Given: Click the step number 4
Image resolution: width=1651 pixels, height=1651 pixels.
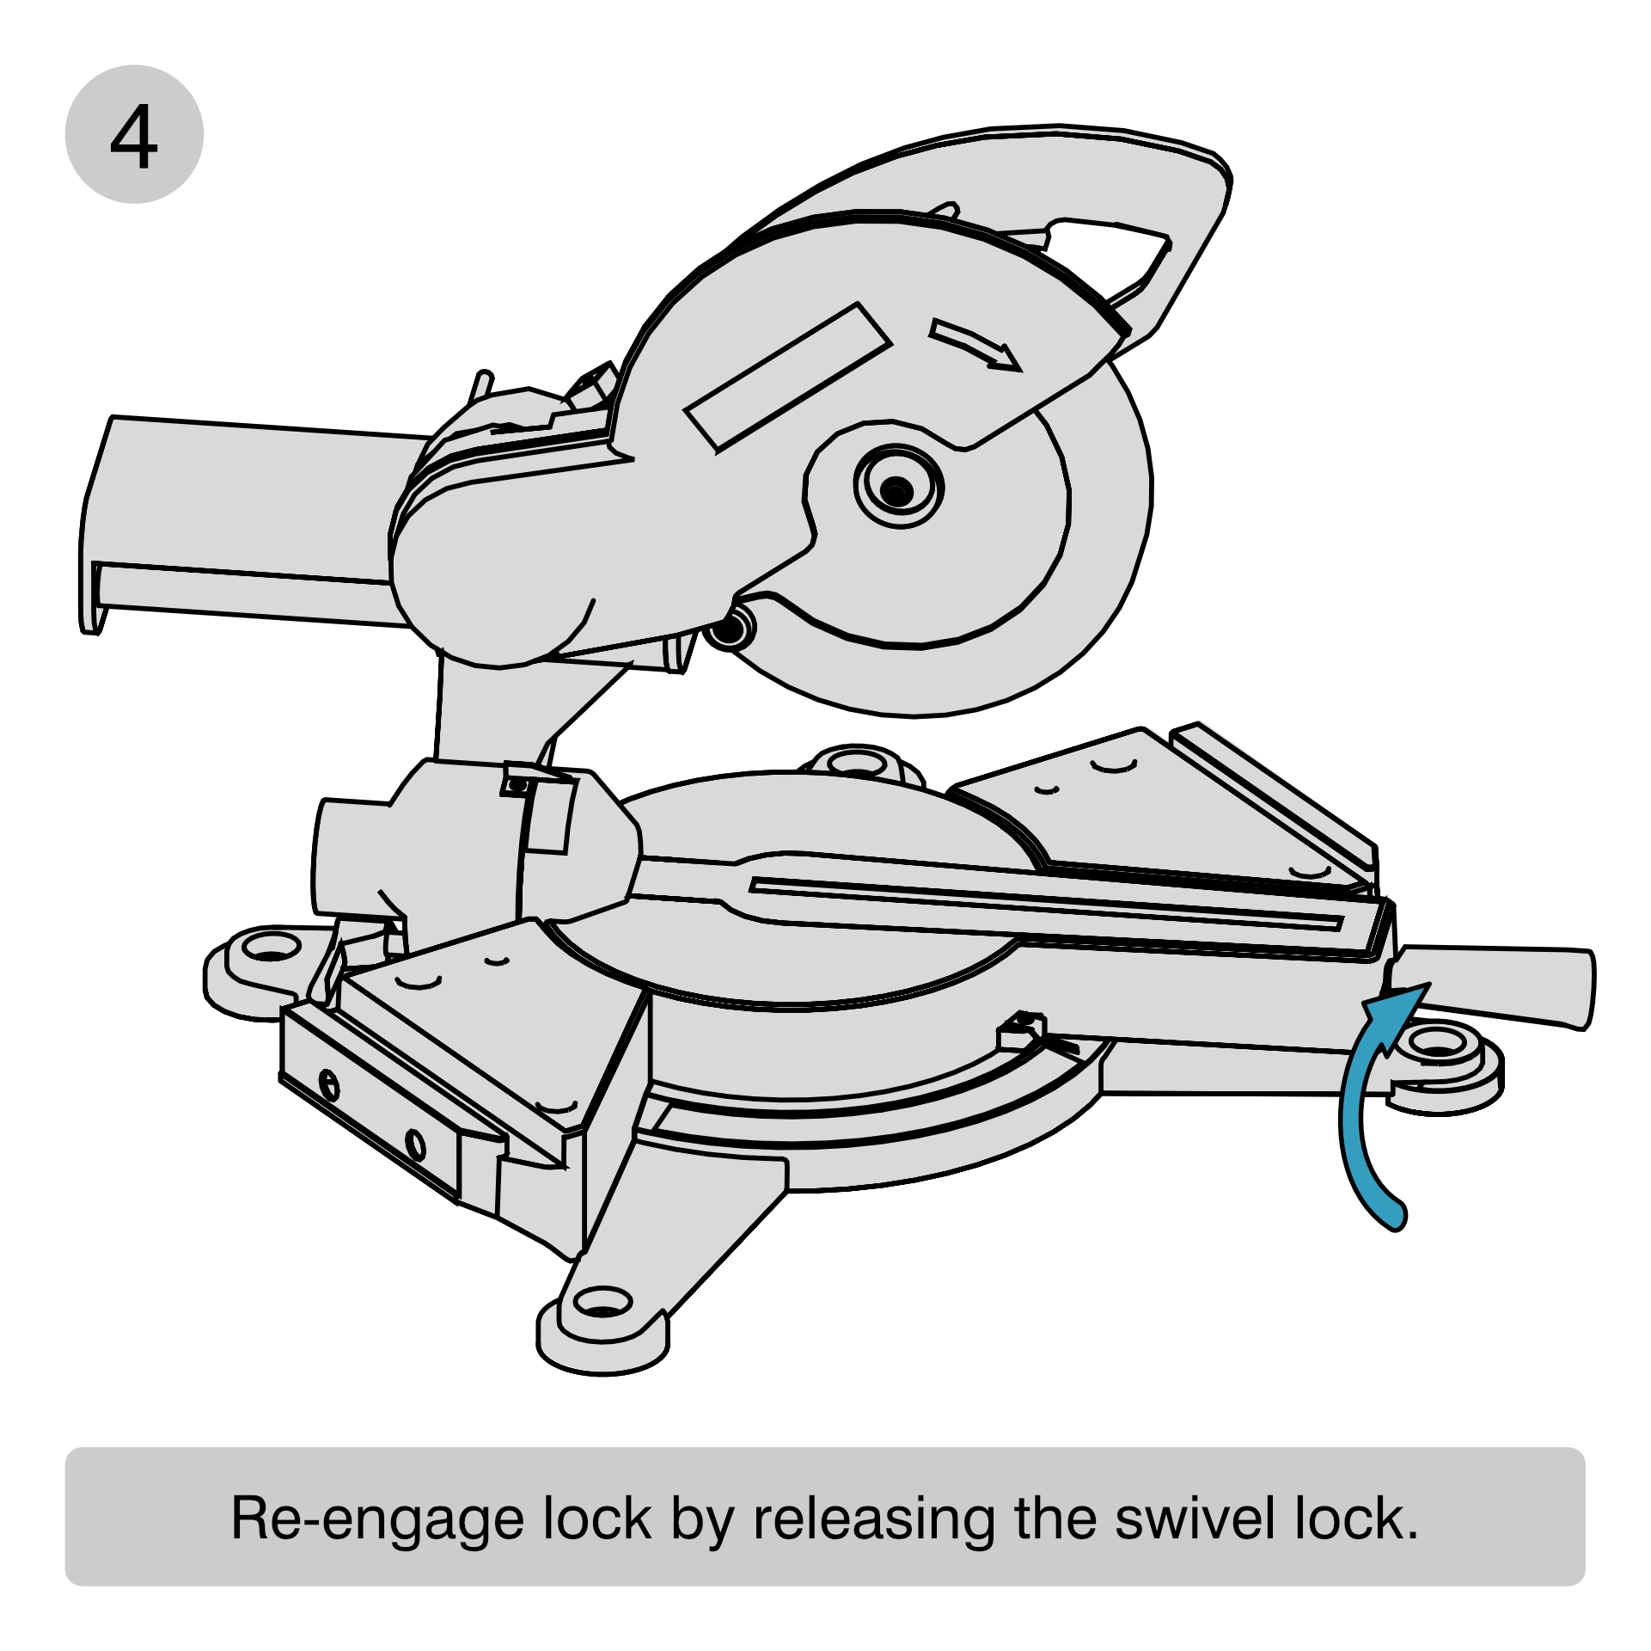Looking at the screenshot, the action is pos(134,135).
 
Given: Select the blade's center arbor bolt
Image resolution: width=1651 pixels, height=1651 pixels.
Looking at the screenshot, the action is pos(897,490).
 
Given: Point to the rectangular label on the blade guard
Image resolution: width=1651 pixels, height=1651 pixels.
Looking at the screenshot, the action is pos(788,376).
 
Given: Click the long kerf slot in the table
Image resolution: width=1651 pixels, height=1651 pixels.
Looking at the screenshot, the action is pos(1045,903).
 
